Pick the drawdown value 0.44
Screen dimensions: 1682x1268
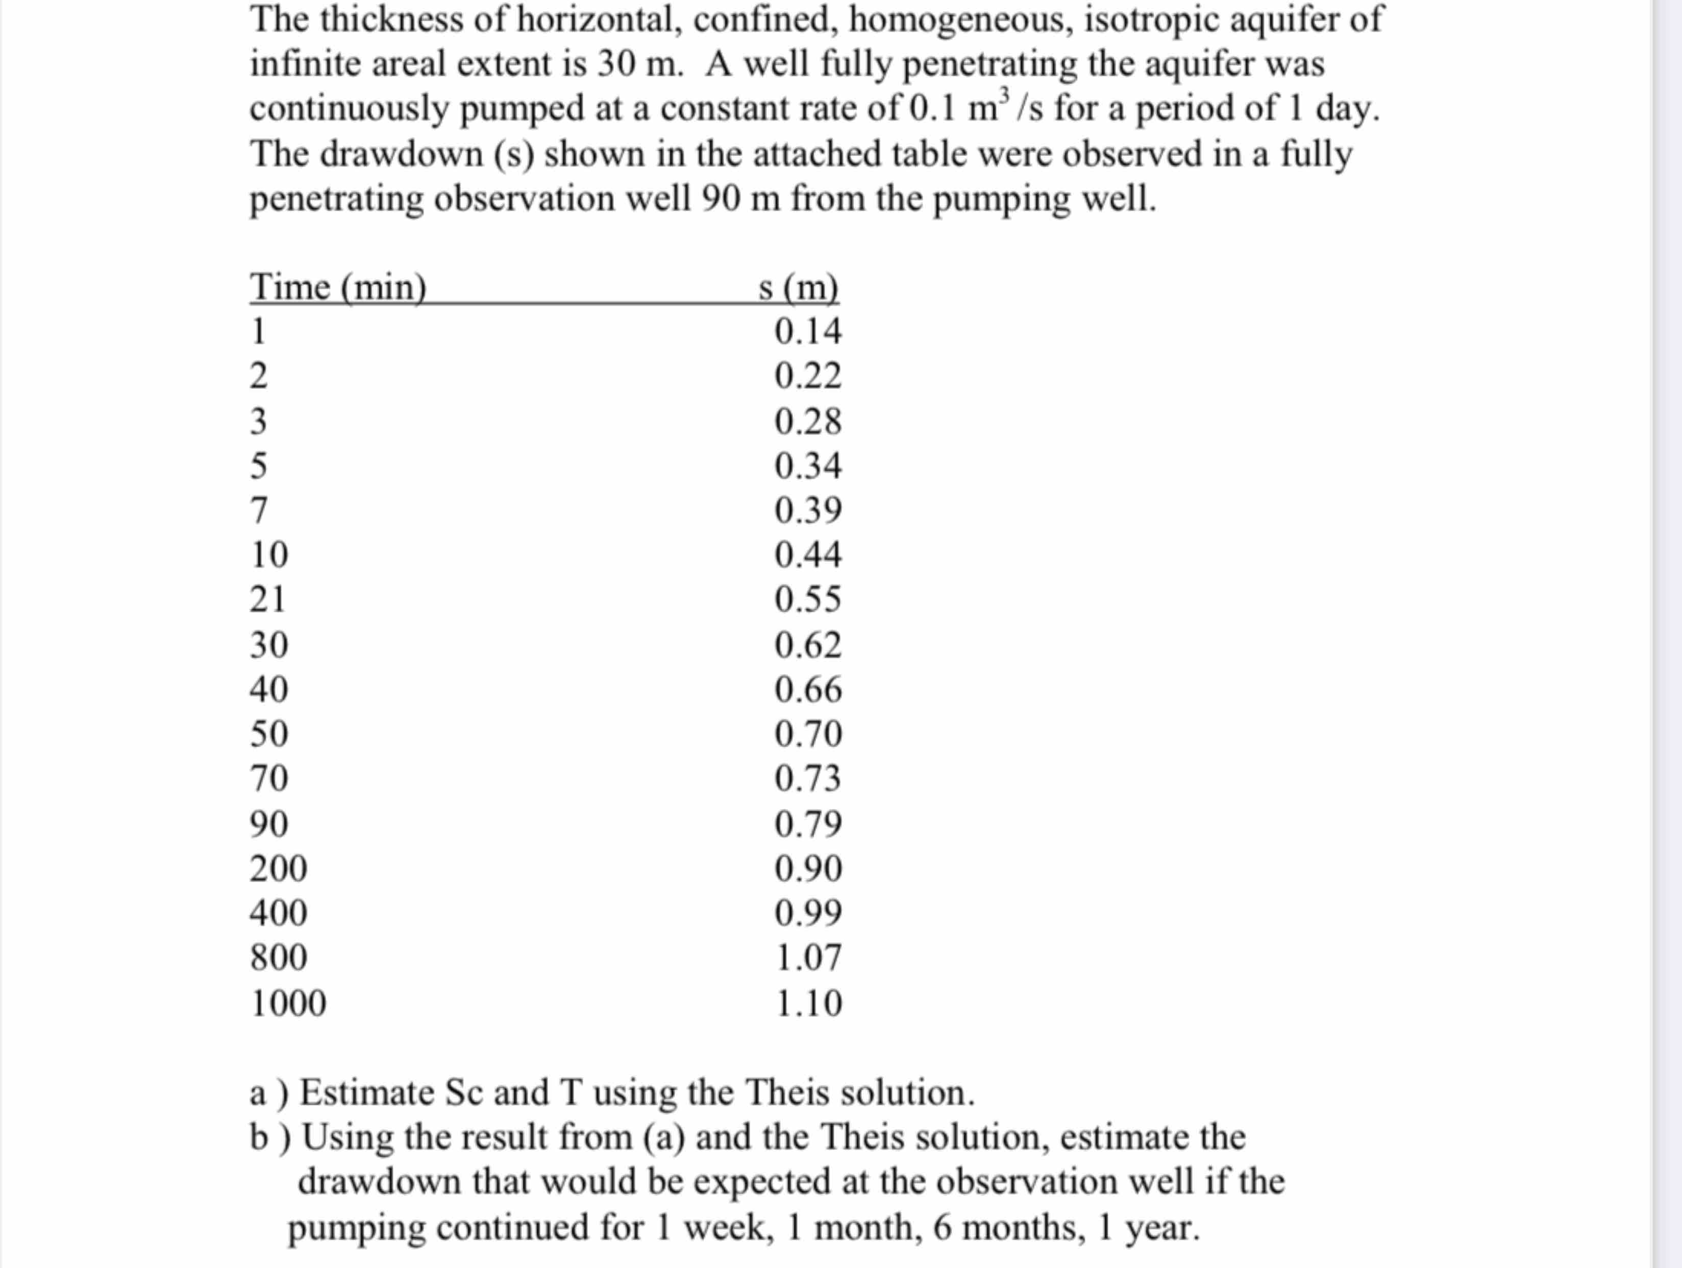click(807, 554)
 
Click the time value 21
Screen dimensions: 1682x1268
click(267, 599)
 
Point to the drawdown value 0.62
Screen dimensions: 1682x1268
click(807, 645)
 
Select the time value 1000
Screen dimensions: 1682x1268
click(288, 1003)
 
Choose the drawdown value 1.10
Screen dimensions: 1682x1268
click(807, 1003)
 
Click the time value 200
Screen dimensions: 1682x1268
click(278, 868)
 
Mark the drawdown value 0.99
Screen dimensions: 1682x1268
click(807, 912)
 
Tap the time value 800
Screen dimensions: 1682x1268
click(278, 957)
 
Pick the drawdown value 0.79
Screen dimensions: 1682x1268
click(807, 824)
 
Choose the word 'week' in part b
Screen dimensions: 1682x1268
click(728, 1227)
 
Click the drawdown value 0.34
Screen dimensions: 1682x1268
click(807, 466)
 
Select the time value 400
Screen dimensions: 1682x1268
click(278, 912)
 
